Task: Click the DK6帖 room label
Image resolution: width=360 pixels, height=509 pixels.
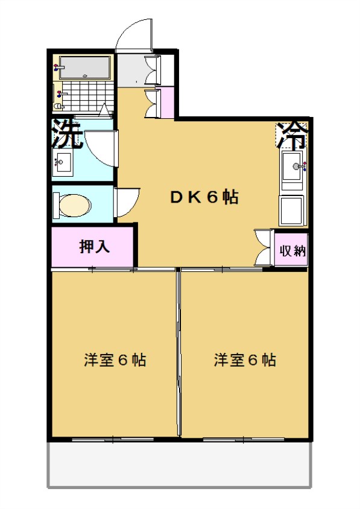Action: (204, 197)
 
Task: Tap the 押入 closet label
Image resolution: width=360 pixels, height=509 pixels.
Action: (95, 247)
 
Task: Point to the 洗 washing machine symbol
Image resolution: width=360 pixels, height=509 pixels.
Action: (67, 134)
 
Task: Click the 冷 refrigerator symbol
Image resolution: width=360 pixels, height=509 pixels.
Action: (292, 136)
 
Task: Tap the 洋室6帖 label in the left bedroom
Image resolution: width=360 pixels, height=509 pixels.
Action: (115, 359)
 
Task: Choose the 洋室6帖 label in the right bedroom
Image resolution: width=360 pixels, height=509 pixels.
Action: (245, 359)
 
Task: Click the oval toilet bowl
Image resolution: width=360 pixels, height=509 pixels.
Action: (75, 205)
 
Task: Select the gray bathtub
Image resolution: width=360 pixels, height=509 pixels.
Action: (85, 68)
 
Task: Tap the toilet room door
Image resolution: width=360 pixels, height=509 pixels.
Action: (127, 202)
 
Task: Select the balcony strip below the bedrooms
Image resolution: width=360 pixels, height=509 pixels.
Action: (180, 464)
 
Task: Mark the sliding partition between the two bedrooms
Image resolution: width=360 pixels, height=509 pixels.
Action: (178, 351)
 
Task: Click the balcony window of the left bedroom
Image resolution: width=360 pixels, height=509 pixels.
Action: (113, 440)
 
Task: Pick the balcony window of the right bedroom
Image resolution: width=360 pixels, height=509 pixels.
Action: (244, 440)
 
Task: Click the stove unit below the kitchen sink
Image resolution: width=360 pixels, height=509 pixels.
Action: (292, 210)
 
